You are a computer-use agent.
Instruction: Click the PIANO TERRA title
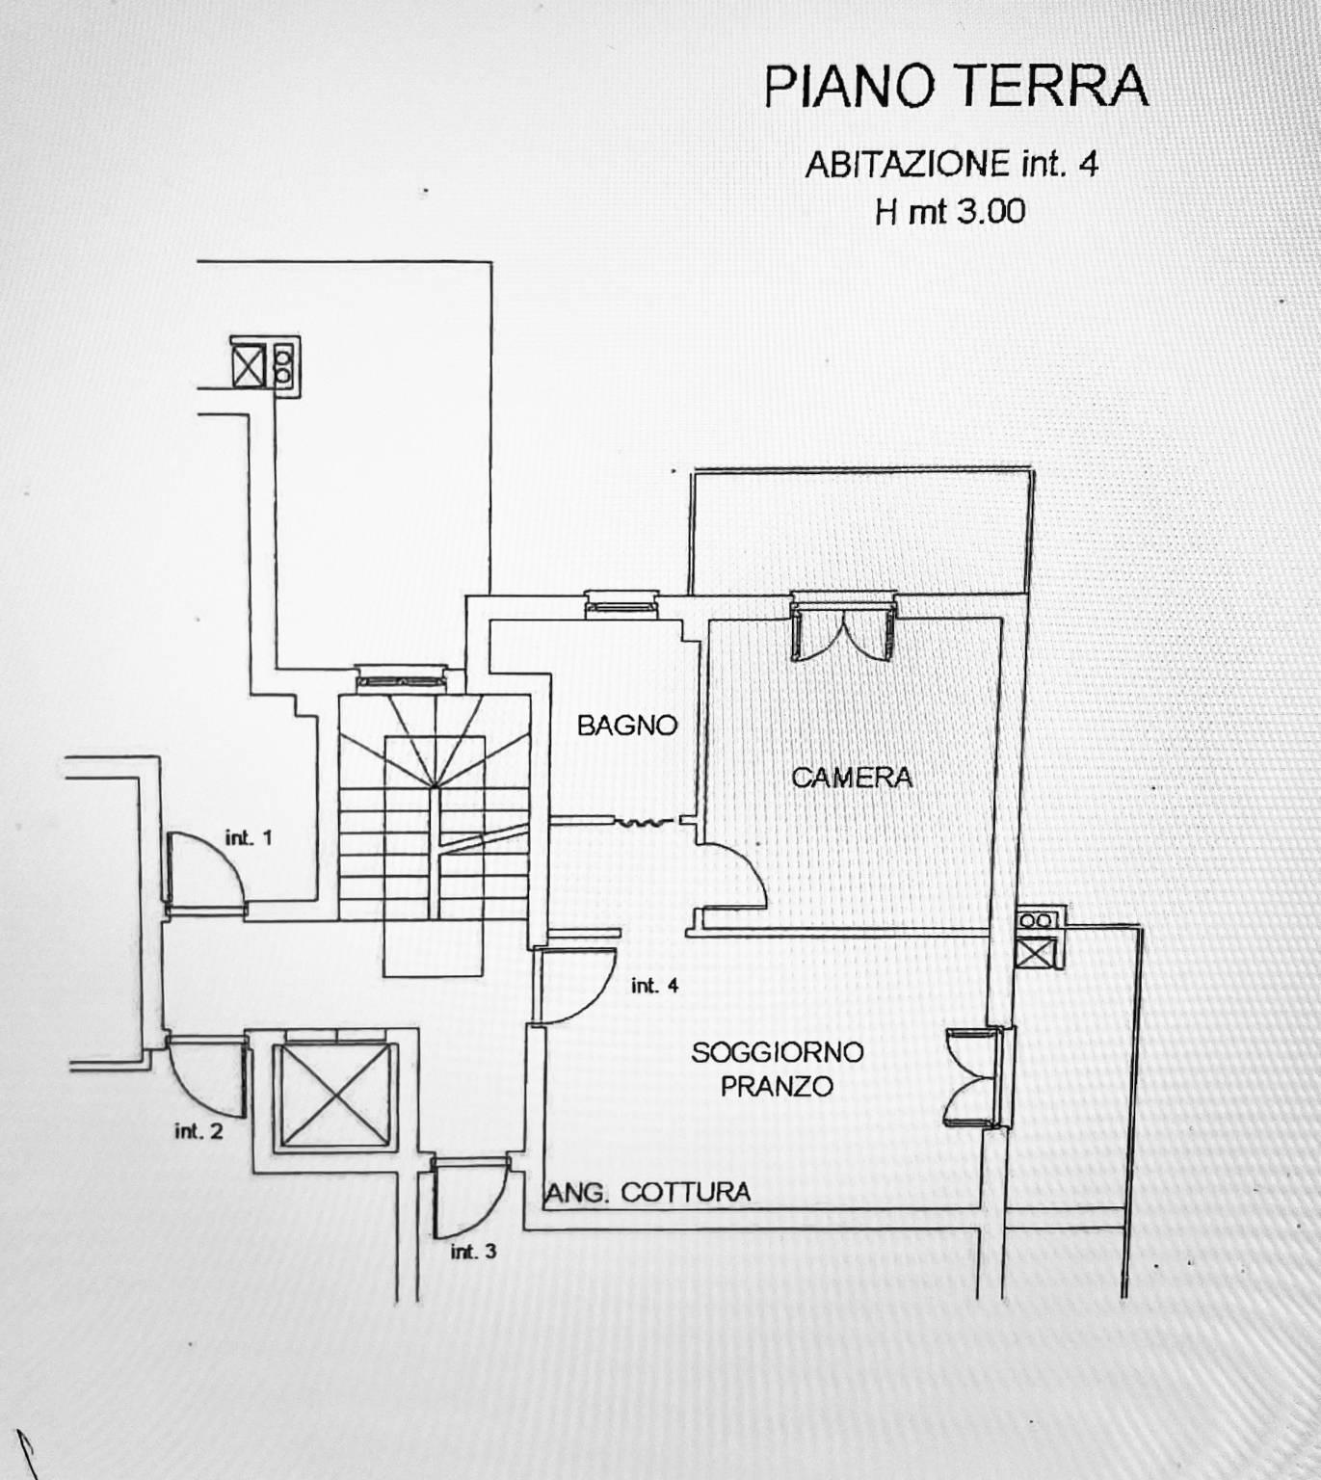[955, 87]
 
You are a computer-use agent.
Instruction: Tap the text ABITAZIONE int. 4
[951, 165]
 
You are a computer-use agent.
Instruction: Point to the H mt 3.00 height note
[950, 213]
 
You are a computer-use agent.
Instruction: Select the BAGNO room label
[627, 726]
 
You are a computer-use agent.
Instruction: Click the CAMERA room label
[852, 778]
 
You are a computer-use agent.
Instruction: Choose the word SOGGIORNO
[778, 1052]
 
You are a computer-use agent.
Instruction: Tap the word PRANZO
[777, 1086]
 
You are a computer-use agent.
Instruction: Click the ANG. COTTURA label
[648, 1192]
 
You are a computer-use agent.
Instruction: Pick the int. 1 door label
[249, 837]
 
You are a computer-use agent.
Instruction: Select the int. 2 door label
[198, 1131]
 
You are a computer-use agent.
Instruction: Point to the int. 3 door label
[473, 1252]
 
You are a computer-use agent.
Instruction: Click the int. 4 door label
[654, 986]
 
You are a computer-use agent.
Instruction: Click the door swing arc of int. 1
[223, 854]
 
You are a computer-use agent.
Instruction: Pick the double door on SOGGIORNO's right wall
[972, 1077]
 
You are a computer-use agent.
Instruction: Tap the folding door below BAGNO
[643, 823]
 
